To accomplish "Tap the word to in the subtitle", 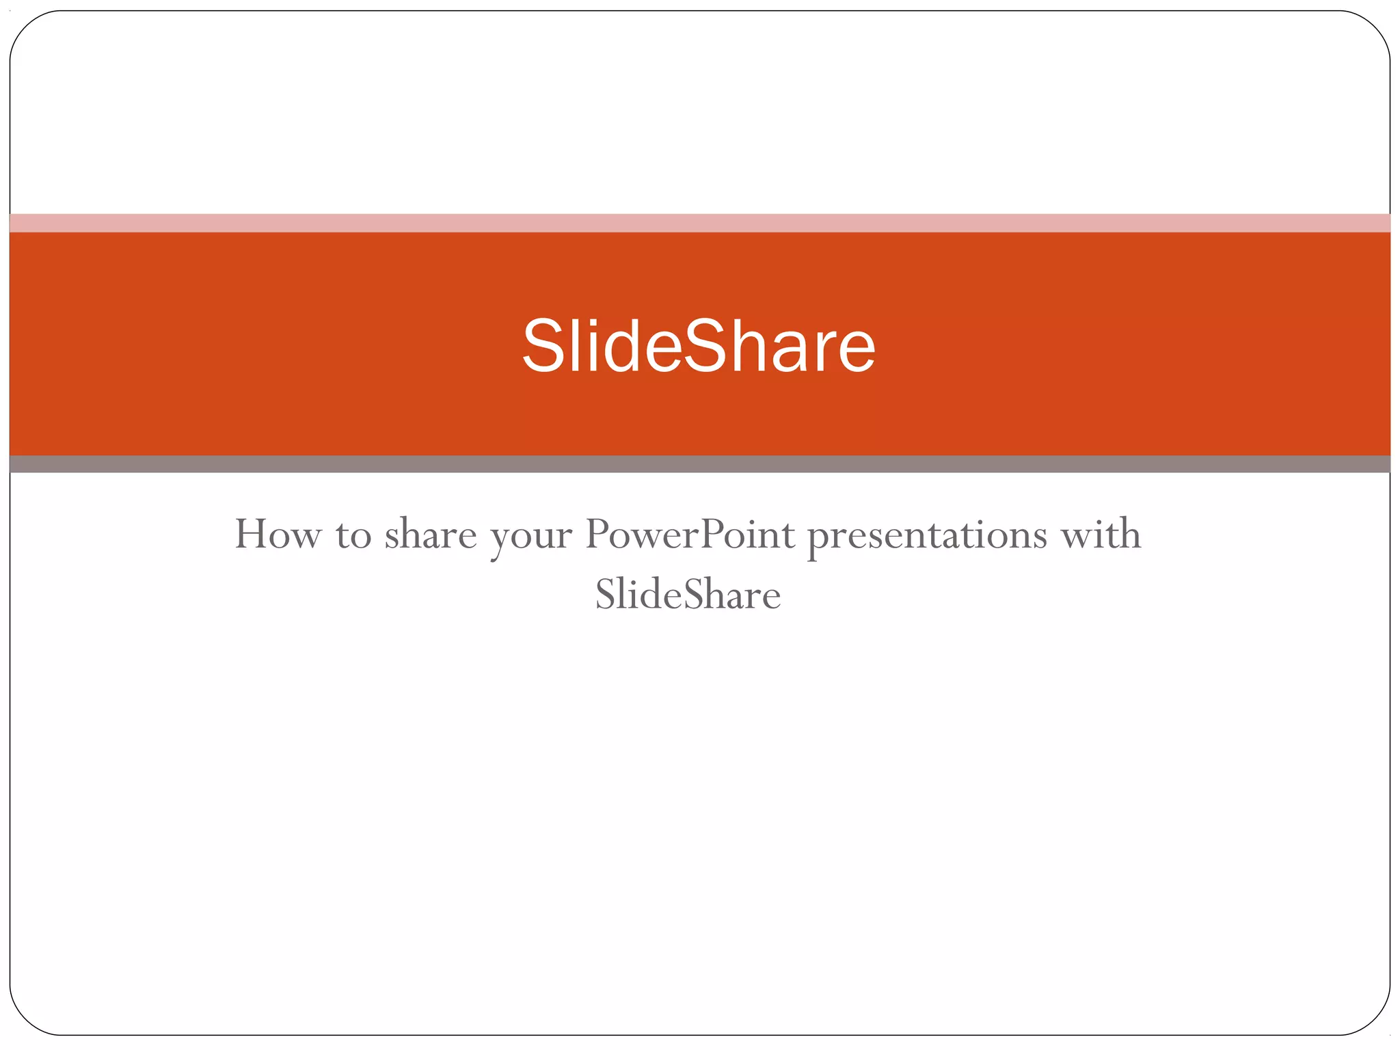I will tap(353, 535).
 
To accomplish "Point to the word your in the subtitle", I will tap(530, 537).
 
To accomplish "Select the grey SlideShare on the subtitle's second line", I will tap(688, 594).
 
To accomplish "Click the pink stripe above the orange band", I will tap(700, 223).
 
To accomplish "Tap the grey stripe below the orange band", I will tap(700, 464).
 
